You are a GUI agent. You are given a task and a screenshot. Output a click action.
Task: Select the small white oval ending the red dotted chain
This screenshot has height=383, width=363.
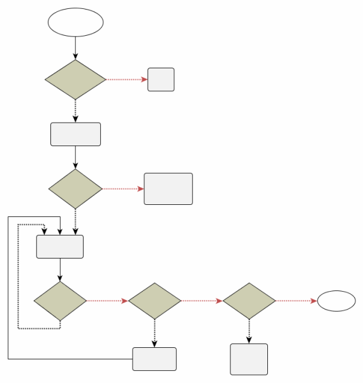coord(336,301)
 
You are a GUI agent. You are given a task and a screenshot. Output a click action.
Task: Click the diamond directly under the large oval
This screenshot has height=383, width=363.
coord(75,80)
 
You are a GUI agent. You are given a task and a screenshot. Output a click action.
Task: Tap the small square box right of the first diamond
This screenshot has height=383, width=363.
coord(161,80)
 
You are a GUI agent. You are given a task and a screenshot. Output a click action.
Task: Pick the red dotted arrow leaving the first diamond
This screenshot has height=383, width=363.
coord(127,80)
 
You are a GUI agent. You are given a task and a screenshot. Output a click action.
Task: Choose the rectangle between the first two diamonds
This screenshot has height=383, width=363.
coord(75,134)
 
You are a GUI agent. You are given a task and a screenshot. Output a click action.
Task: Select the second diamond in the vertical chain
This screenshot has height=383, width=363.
coord(75,189)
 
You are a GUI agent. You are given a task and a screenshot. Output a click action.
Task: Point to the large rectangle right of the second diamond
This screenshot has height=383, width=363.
coord(168,189)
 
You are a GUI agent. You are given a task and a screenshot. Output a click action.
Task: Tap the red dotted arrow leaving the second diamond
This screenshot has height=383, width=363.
coord(123,189)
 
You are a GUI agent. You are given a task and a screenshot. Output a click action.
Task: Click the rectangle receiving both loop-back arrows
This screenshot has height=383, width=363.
coord(60,247)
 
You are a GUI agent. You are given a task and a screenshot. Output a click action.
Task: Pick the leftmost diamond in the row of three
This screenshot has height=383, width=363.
coord(60,301)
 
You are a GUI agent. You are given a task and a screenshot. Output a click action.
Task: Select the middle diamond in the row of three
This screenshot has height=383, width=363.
coord(154,301)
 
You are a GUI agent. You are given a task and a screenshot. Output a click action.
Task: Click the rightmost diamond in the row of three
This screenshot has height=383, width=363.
coord(249,301)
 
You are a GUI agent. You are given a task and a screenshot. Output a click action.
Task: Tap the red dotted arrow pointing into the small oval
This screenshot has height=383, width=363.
coord(296,301)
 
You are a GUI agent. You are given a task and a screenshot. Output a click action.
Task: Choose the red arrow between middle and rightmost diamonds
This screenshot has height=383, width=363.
coord(202,301)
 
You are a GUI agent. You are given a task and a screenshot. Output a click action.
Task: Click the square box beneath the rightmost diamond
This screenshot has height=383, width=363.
coord(249,359)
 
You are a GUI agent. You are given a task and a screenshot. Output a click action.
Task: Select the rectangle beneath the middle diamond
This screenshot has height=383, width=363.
coord(154,359)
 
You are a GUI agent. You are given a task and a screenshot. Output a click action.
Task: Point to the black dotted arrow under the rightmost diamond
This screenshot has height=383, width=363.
coord(249,331)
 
